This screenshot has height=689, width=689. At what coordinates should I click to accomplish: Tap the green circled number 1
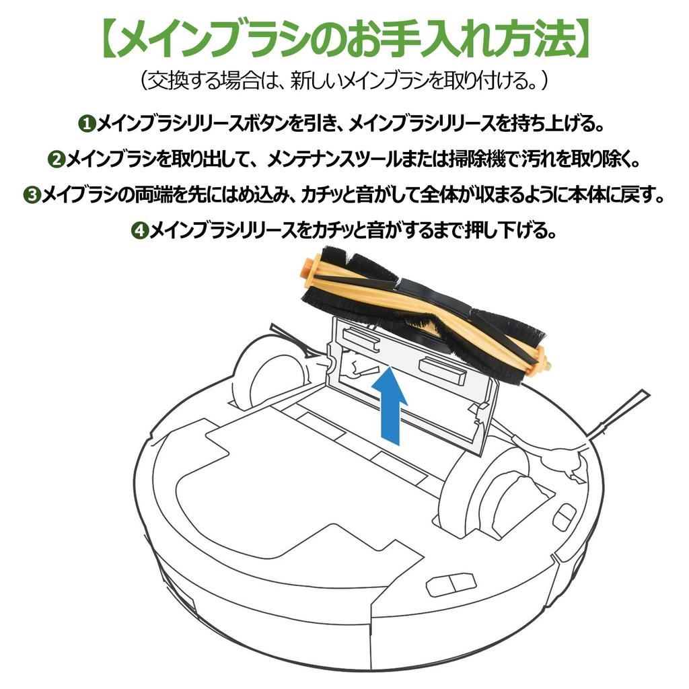point(87,124)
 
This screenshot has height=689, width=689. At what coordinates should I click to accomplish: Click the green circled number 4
point(140,230)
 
